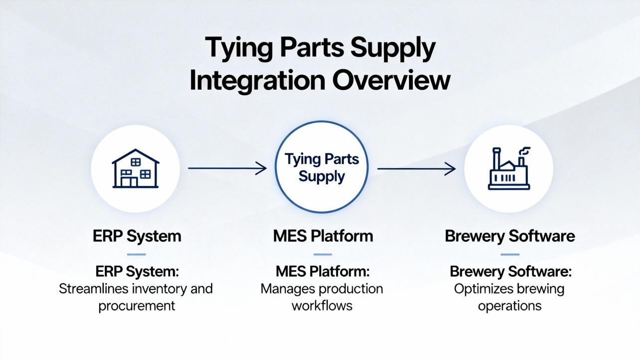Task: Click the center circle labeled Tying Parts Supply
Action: point(322,168)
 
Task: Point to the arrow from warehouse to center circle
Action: point(227,169)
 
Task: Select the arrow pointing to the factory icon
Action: point(416,169)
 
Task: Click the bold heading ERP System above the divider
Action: point(137,236)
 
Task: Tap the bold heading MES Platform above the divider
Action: point(323,236)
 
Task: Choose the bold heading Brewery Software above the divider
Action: point(509,236)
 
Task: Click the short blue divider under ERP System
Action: point(137,254)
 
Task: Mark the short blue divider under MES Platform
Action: point(323,254)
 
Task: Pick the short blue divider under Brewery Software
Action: point(509,254)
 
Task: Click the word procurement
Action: point(137,305)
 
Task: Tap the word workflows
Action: point(322,305)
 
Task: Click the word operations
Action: point(509,305)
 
